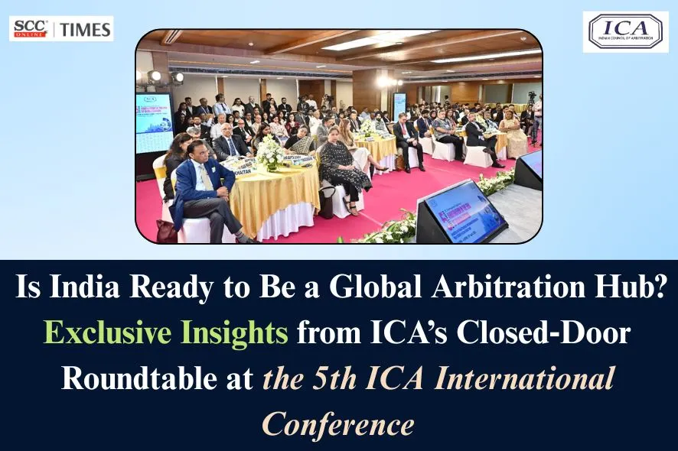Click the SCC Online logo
click(31, 29)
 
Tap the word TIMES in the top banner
click(86, 30)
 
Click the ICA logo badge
click(624, 32)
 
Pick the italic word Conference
click(338, 423)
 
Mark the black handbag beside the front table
click(166, 231)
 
